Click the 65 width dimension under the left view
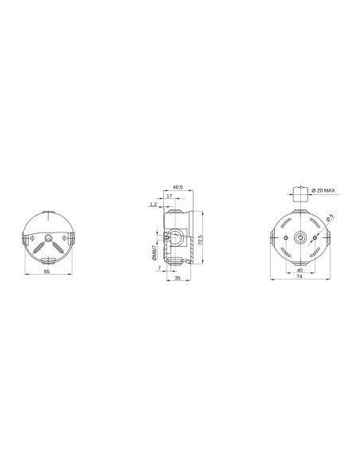coord(49,272)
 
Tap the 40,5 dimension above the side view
coord(177,186)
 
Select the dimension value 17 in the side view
coord(170,196)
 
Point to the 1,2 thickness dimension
coord(152,205)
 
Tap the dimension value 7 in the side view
coord(159,269)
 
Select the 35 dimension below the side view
coord(177,279)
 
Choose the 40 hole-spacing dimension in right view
coord(299,270)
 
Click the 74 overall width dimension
coord(299,279)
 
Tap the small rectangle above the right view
coord(299,192)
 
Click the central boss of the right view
coord(299,237)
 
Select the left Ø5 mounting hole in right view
coord(284,237)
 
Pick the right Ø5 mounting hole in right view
coord(315,237)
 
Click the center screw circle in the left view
coord(49,237)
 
